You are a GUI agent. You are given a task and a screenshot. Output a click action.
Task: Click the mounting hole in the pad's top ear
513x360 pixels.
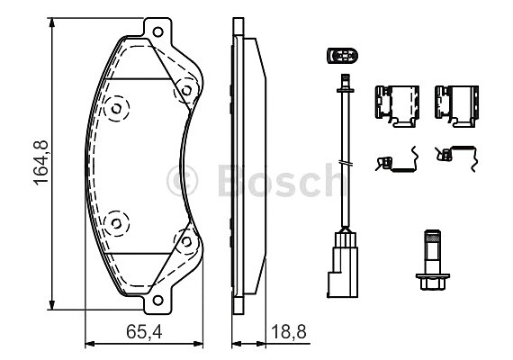coord(157,33)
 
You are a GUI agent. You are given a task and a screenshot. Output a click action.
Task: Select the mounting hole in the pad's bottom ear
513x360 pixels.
coord(157,301)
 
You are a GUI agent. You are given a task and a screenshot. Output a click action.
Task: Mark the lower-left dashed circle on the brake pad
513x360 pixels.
coord(116,222)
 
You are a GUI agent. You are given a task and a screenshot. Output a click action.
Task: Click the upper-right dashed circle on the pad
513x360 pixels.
coord(185,90)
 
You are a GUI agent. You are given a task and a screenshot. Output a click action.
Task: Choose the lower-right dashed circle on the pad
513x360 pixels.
coord(185,240)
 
